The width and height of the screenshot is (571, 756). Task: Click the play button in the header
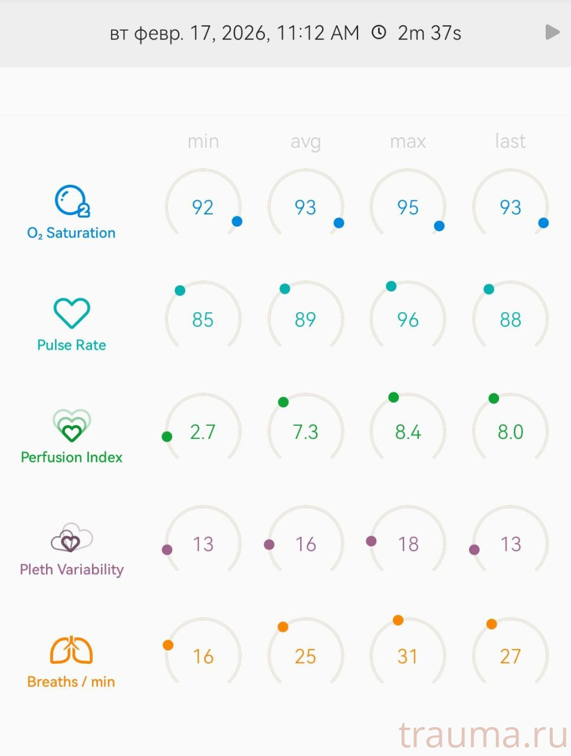coord(552,32)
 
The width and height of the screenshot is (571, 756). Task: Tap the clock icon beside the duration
coord(379,32)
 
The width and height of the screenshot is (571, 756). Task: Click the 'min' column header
coord(203,141)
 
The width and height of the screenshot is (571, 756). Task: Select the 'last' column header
coord(510,141)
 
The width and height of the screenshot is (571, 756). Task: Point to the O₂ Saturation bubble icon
coord(71,201)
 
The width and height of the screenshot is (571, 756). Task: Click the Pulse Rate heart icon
coord(71,313)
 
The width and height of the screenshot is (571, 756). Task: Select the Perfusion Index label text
coord(71,457)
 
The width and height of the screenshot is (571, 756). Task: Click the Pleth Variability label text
coord(71,569)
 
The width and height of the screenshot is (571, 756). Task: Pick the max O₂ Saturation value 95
coord(408,207)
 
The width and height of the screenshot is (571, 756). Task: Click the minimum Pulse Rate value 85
coord(203,320)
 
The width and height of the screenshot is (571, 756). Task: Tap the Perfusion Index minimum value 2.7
coord(203,432)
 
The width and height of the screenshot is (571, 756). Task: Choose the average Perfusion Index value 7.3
coord(306,432)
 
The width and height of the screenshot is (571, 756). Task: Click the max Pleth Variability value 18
coord(408,544)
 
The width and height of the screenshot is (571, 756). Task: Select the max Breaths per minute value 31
coord(408,656)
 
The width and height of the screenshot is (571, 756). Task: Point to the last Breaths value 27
coord(510,656)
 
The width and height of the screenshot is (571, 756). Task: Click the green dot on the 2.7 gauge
coord(167,436)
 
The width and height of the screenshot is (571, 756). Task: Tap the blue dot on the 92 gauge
coord(237,221)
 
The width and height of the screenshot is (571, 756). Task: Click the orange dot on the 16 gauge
coord(168,645)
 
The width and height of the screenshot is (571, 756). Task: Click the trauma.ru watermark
coord(483,735)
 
